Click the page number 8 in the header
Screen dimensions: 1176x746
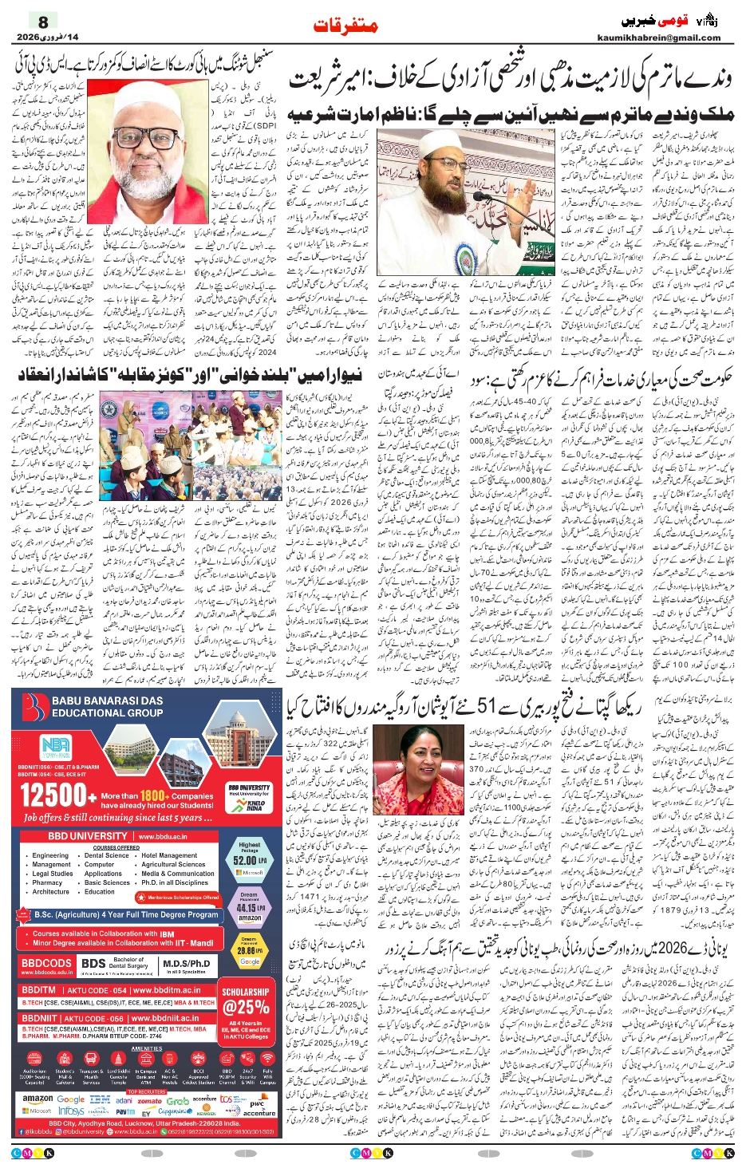coord(43,22)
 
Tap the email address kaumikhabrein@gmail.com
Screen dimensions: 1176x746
coord(658,37)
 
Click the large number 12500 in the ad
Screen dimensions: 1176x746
coord(53,795)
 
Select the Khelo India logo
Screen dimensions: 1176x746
coord(255,805)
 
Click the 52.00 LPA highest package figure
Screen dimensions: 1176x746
coord(245,861)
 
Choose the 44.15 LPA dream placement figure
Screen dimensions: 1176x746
coord(247,907)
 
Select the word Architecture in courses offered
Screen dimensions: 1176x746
coord(51,891)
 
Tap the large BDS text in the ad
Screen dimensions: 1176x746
coord(93,964)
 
